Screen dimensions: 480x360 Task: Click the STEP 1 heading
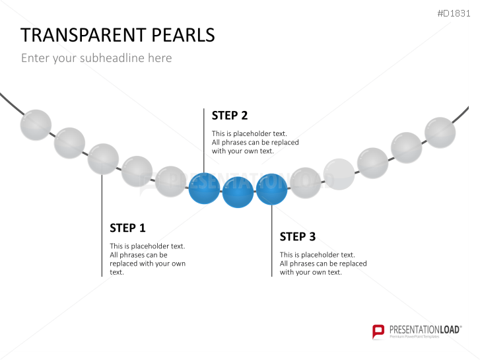coord(127,228)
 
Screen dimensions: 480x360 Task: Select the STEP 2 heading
coord(230,116)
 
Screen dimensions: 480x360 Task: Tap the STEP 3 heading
coord(298,236)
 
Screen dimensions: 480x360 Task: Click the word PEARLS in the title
coord(183,35)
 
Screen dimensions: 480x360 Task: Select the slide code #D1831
coord(454,13)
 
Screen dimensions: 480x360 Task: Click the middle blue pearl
coord(238,192)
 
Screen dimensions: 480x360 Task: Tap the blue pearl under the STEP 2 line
coord(204,188)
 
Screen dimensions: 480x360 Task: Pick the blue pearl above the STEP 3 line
coord(271,189)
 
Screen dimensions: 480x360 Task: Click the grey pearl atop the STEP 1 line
coord(103,159)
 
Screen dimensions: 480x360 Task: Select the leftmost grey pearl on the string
coord(36,125)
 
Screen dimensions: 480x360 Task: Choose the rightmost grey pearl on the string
coord(440,133)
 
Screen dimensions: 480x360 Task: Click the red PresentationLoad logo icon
coord(378,332)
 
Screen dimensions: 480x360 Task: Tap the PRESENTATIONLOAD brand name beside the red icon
coord(425,330)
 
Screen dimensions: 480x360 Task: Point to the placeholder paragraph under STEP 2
coord(256,142)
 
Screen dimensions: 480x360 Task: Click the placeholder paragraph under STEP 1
coord(147,259)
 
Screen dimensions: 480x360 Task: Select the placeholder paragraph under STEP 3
coord(324,264)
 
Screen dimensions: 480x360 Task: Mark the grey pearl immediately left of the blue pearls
coord(170,182)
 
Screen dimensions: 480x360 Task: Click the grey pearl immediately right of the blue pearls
coord(305,183)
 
